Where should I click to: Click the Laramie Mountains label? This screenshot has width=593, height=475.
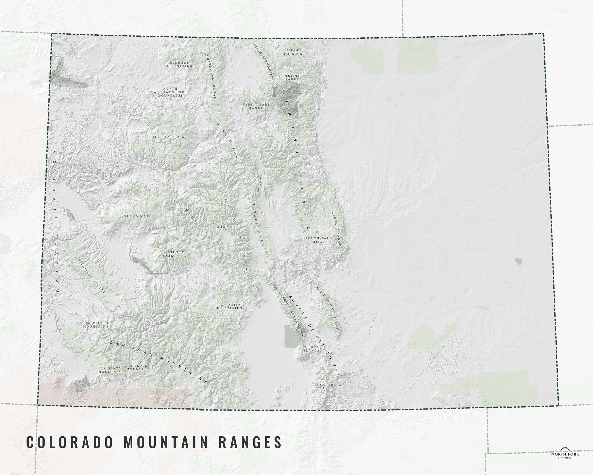[294, 52]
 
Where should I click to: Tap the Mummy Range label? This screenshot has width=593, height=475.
[292, 77]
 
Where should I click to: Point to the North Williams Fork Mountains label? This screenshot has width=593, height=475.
[170, 92]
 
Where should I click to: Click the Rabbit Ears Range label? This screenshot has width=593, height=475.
[256, 106]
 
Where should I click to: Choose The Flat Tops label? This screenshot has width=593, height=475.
[168, 137]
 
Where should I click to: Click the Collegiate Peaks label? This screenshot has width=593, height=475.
[224, 228]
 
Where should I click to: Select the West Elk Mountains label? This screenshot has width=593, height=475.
[174, 254]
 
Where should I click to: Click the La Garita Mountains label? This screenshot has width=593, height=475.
[229, 307]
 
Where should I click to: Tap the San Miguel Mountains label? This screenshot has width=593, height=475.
[96, 325]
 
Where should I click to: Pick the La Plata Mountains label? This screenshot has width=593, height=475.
[111, 370]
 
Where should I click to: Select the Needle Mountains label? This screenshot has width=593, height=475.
[139, 367]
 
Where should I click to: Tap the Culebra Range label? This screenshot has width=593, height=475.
[327, 386]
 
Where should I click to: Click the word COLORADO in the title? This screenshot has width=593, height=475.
[70, 443]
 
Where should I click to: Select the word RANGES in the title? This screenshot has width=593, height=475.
[250, 443]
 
